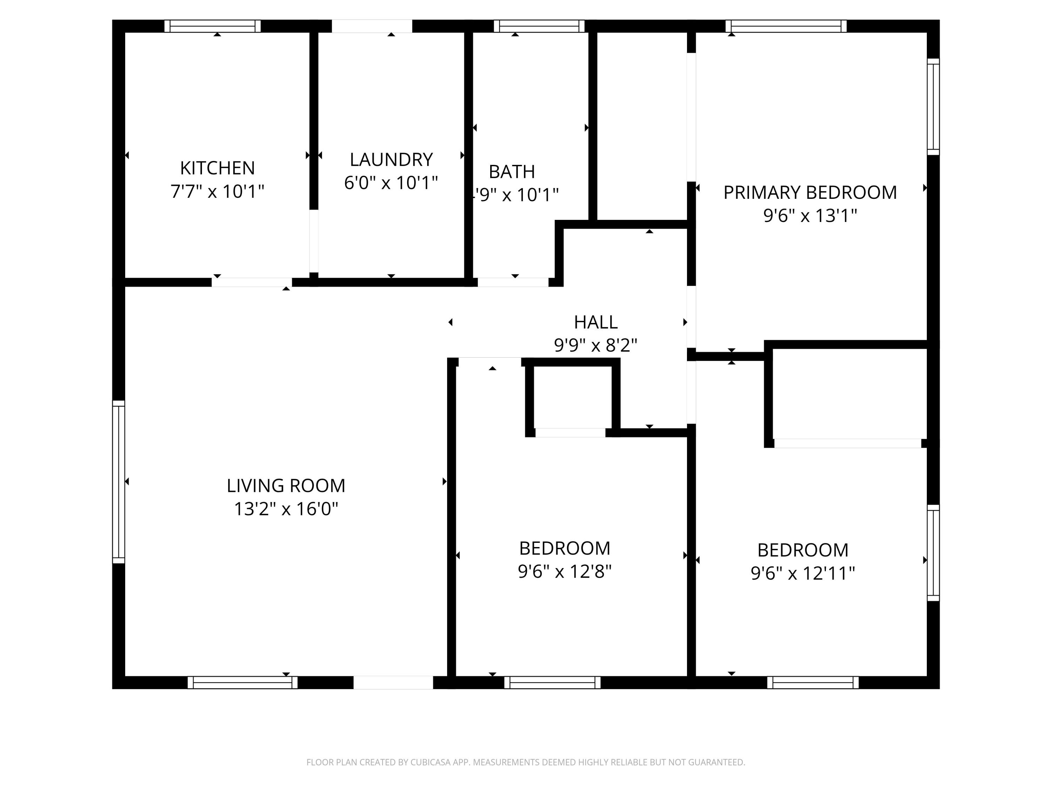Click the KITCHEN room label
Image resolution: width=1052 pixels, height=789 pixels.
click(x=217, y=168)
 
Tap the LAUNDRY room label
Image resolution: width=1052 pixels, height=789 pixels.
click(x=391, y=159)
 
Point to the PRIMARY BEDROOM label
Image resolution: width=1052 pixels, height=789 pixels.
click(x=810, y=193)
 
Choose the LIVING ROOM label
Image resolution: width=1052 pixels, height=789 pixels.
click(x=286, y=486)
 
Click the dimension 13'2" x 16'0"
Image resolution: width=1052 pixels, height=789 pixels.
click(x=286, y=509)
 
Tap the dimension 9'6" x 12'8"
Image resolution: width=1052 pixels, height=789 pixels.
click(x=565, y=571)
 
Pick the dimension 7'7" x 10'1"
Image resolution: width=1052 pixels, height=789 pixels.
click(x=217, y=191)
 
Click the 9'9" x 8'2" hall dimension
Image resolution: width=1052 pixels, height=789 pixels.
click(x=595, y=345)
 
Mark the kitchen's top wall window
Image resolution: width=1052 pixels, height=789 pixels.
click(x=213, y=26)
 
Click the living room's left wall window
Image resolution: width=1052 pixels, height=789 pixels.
click(x=119, y=482)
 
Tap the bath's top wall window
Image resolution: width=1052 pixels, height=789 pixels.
click(x=539, y=26)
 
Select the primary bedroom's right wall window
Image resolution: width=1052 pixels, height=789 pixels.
click(x=933, y=107)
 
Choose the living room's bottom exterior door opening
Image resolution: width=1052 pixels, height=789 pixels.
click(x=393, y=682)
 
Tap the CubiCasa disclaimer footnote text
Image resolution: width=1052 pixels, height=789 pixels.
click(x=526, y=762)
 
